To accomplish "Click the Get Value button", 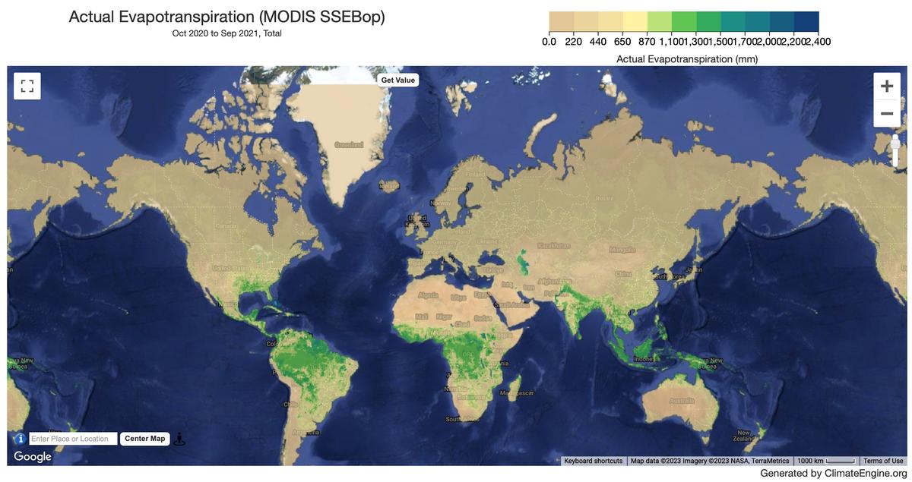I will coord(397,80).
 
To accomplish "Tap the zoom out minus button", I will coord(886,114).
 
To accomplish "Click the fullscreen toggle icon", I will coord(27,86).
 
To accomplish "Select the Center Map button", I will coord(144,439).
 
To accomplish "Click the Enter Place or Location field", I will coord(73,439).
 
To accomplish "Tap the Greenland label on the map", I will coord(349,144).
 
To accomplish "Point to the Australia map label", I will coord(682,400).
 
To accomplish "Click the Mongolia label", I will coord(622,250).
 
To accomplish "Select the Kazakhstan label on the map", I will coord(553,245).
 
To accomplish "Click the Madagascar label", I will coord(517,393).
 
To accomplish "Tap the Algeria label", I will coord(428,295).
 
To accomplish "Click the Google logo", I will coord(33,456).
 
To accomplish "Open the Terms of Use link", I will coord(883,461).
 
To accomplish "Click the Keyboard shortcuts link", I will coord(593,461).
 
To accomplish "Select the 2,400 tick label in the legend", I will coord(817,42).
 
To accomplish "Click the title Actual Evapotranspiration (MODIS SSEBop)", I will coord(226,17).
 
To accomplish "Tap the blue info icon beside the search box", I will coord(21,439).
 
